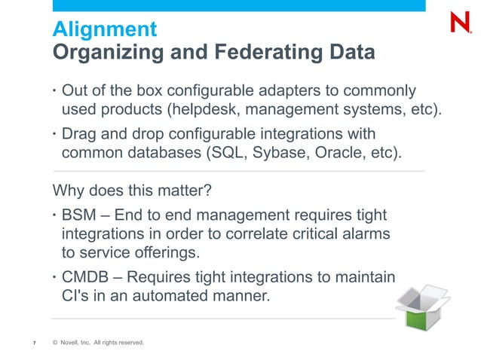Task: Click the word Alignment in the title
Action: pyautogui.click(x=104, y=30)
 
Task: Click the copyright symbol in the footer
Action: pyautogui.click(x=55, y=344)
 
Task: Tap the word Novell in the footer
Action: pyautogui.click(x=72, y=344)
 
